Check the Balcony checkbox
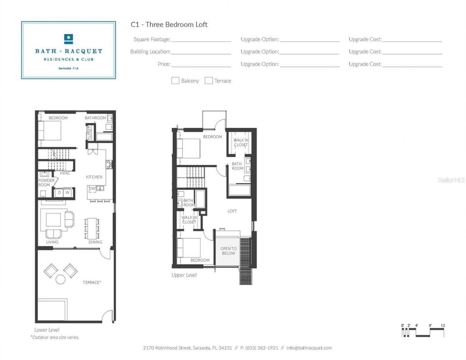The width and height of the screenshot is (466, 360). [x=175, y=80]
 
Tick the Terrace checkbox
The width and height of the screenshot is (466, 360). [x=209, y=80]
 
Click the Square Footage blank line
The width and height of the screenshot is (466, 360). [x=201, y=39]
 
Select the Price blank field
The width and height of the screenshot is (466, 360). [x=201, y=64]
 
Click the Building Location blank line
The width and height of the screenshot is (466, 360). [x=201, y=52]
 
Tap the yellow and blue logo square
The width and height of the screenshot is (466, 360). [x=68, y=39]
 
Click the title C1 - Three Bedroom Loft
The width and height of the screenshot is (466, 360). [x=169, y=24]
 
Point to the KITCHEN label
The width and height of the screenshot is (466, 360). [x=94, y=177]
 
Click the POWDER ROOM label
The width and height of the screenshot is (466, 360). [x=46, y=182]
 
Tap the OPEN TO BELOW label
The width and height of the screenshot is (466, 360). [x=228, y=251]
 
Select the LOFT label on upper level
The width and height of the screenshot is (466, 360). [x=232, y=211]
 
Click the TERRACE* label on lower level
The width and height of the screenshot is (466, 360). [x=92, y=282]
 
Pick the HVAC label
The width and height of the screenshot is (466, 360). [x=65, y=173]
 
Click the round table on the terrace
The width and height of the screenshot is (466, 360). [x=60, y=280]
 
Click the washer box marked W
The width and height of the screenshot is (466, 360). [x=67, y=193]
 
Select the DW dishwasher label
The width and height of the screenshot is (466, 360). [x=92, y=189]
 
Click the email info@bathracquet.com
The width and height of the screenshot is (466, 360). [x=309, y=348]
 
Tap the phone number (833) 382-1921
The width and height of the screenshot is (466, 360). [x=261, y=348]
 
